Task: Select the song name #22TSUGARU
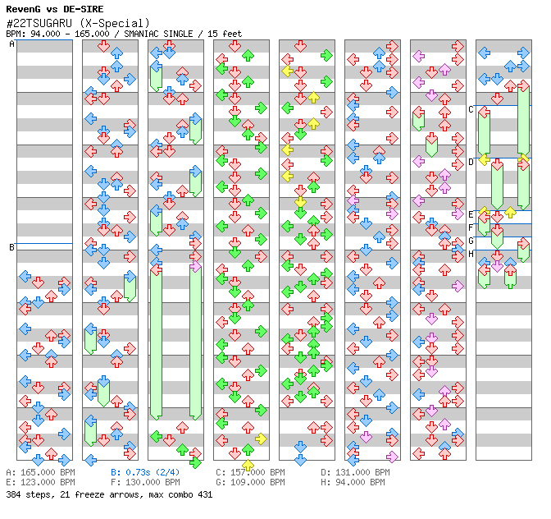pos(39,23)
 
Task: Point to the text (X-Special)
pos(115,23)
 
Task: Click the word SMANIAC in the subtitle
pos(141,34)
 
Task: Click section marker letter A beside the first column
pos(11,44)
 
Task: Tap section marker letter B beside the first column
pos(11,247)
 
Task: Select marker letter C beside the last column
pos(471,109)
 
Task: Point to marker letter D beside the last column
pos(471,163)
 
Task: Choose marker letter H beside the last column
pos(471,254)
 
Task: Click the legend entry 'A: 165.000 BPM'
pos(40,472)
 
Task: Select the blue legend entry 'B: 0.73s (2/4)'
pos(145,472)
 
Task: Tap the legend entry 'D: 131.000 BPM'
pos(355,472)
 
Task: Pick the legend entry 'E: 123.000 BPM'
pos(40,482)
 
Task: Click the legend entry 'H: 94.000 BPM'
pos(353,482)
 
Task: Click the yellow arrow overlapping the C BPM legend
pos(248,465)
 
